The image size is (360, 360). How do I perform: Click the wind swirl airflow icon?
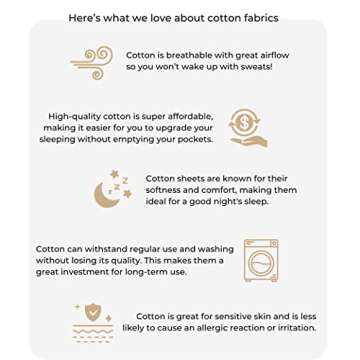(x=92, y=63)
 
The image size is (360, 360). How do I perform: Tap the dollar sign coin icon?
(x=246, y=123)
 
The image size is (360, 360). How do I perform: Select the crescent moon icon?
(x=106, y=195)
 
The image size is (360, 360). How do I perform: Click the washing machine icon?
(x=261, y=260)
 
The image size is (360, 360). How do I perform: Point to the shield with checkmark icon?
(x=93, y=311)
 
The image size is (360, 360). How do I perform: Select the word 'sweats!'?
(x=255, y=67)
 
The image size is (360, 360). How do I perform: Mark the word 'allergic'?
(x=218, y=328)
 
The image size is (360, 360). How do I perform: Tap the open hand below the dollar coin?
(x=249, y=142)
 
